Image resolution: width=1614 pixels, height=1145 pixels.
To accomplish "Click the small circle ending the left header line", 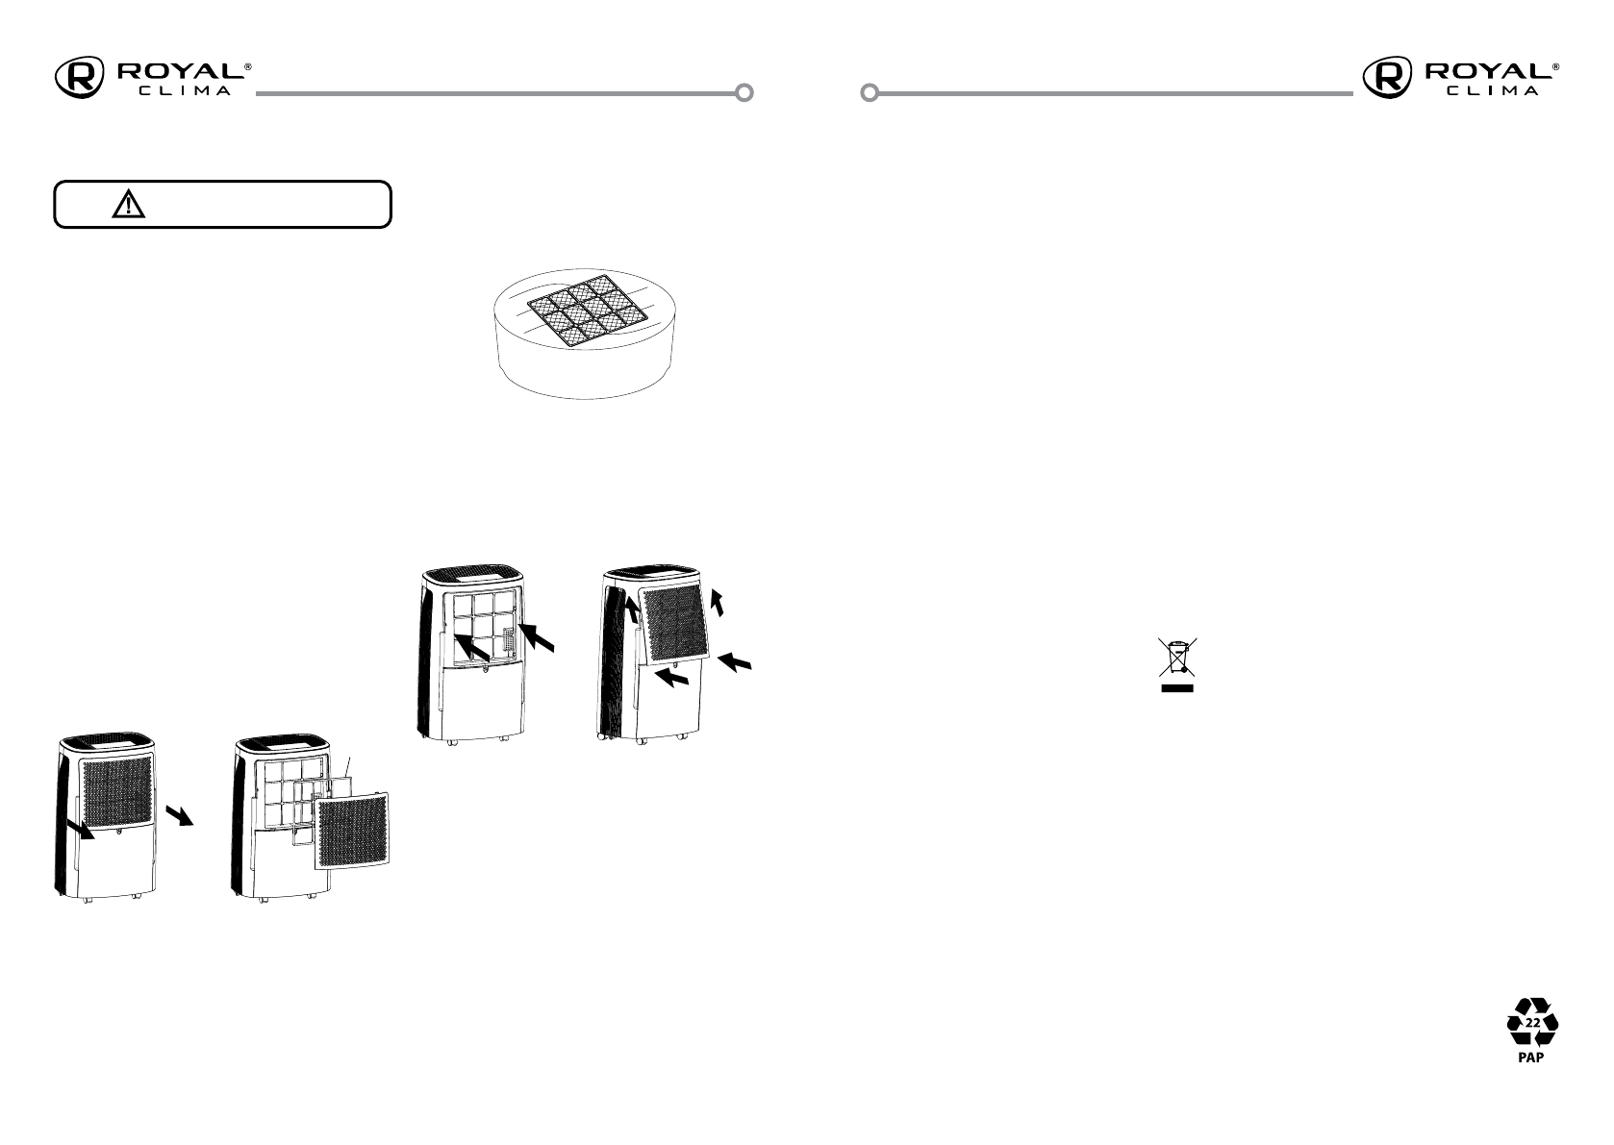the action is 744,93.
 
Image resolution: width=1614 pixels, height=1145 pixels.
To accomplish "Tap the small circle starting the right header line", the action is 869,93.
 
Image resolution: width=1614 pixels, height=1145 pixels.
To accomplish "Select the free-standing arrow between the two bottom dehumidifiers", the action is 179,814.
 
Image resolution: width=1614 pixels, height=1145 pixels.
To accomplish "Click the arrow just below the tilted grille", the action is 672,679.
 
